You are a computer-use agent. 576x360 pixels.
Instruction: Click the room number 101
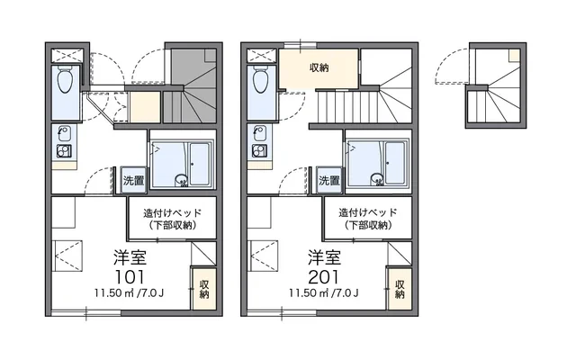tap(130, 277)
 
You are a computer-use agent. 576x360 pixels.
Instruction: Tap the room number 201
tap(324, 277)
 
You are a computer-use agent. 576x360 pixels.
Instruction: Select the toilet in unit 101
tap(65, 79)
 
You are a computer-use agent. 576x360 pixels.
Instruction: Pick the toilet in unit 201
tap(260, 79)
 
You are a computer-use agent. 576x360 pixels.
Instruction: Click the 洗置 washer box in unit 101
tap(133, 180)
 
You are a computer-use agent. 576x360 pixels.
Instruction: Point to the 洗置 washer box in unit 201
tap(328, 180)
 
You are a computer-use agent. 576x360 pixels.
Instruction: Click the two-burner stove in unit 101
tap(64, 151)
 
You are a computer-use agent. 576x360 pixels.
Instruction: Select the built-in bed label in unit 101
tap(172, 219)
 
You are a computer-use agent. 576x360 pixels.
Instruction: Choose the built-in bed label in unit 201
tap(368, 219)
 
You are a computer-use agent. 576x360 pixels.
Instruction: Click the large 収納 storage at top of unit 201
tap(319, 68)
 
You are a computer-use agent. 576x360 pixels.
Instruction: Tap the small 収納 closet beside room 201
tap(400, 289)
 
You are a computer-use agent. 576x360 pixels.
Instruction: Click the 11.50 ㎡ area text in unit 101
tap(129, 293)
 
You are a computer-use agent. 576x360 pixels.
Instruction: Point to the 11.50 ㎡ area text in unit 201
tap(323, 293)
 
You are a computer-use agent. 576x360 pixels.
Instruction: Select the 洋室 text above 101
tap(130, 257)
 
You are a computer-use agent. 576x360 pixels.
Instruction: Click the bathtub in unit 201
tap(395, 164)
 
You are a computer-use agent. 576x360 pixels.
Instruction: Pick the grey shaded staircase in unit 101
tap(191, 88)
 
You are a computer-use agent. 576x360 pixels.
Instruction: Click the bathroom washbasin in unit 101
tap(181, 180)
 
